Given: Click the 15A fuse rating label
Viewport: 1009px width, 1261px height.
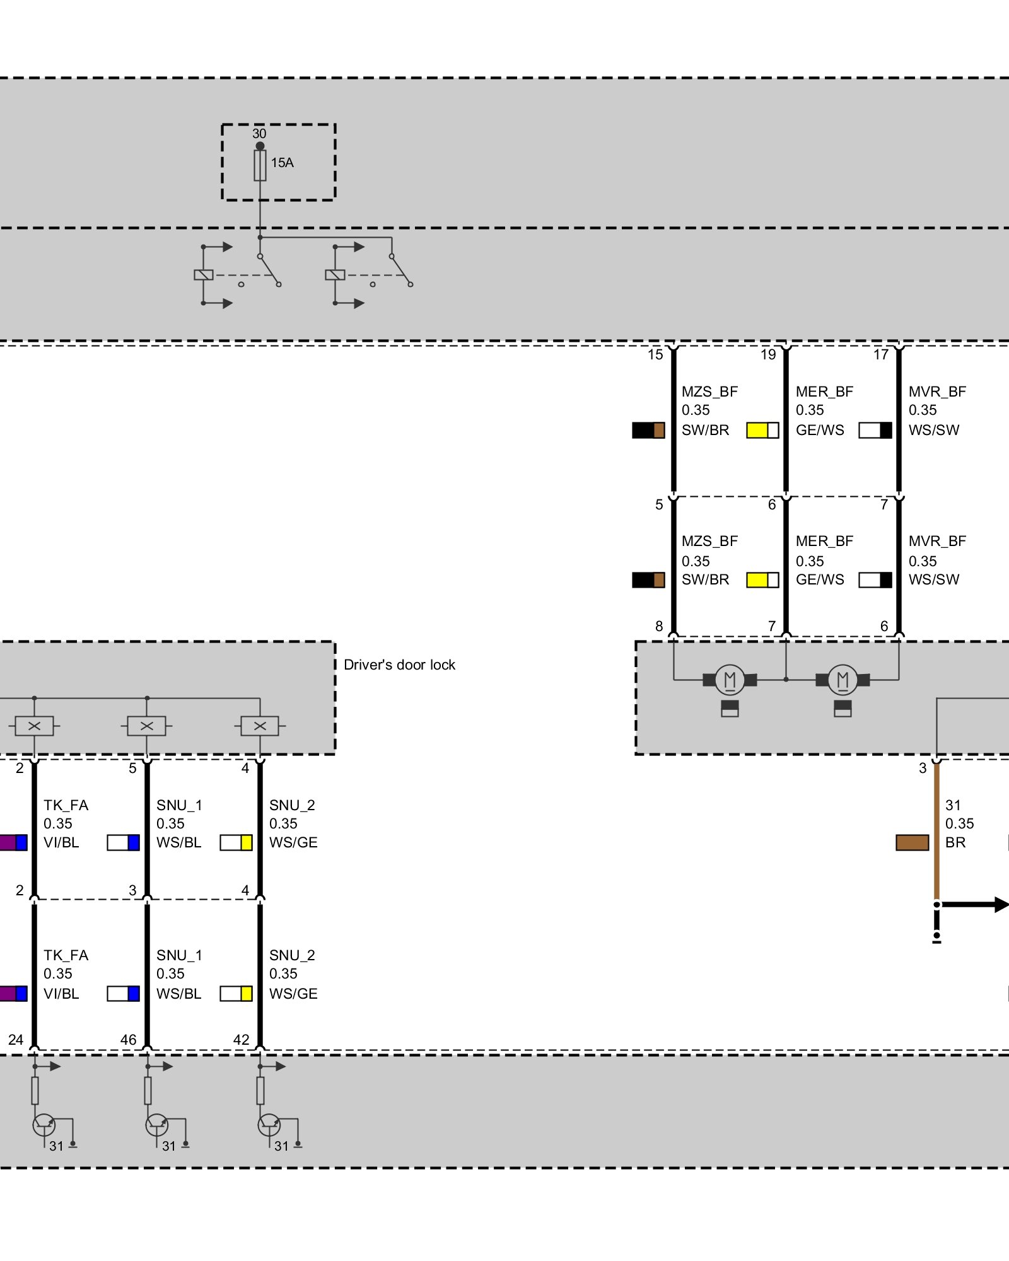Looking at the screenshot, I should (x=282, y=163).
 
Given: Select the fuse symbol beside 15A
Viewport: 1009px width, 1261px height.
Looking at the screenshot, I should (x=260, y=166).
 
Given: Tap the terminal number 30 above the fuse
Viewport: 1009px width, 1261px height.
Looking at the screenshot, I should (x=259, y=134).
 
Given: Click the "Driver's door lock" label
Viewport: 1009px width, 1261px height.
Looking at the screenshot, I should (x=399, y=665).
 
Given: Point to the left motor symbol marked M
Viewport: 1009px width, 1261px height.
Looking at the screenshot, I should (x=730, y=680).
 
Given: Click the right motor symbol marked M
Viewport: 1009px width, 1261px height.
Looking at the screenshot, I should (x=843, y=680).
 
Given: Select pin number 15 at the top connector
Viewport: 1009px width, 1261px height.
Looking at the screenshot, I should (x=655, y=355).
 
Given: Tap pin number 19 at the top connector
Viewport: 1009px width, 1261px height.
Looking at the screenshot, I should (x=768, y=355).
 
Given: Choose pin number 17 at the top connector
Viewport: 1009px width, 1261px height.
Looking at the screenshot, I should (x=881, y=355).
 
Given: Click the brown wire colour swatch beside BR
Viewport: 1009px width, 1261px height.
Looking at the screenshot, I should (x=912, y=842).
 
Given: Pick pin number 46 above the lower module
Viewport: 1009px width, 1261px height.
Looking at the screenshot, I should (x=128, y=1040).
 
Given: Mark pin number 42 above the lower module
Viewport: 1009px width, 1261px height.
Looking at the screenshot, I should (x=241, y=1040).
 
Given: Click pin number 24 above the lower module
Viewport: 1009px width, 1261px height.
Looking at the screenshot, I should (x=16, y=1040).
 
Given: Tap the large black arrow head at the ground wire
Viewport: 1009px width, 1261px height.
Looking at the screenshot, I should (x=1001, y=905).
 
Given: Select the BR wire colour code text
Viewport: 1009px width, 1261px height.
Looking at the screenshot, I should (x=955, y=842).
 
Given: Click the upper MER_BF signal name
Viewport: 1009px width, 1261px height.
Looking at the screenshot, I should (x=824, y=392).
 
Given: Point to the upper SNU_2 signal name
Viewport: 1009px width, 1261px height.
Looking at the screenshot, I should (x=292, y=805).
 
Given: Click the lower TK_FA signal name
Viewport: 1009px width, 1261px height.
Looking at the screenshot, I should (x=66, y=955).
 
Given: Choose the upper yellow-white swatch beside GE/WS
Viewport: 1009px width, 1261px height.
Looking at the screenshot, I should (x=762, y=430).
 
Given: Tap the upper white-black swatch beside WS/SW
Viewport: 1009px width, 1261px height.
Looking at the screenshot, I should (x=875, y=430).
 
